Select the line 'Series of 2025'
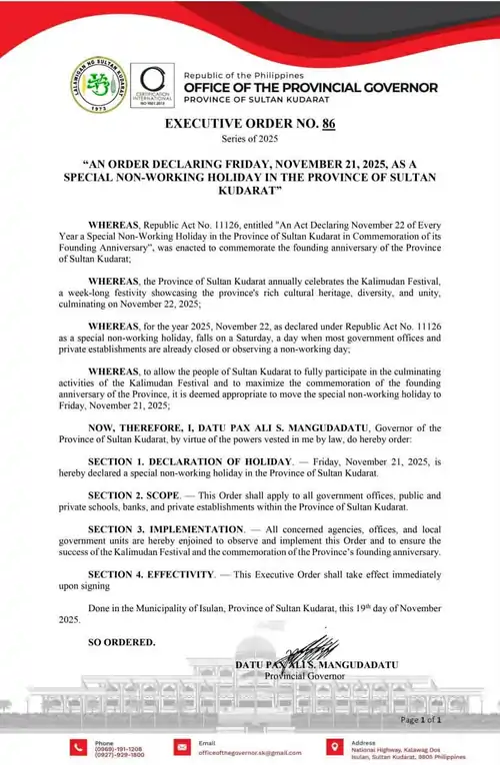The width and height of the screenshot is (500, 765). pos(250,142)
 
